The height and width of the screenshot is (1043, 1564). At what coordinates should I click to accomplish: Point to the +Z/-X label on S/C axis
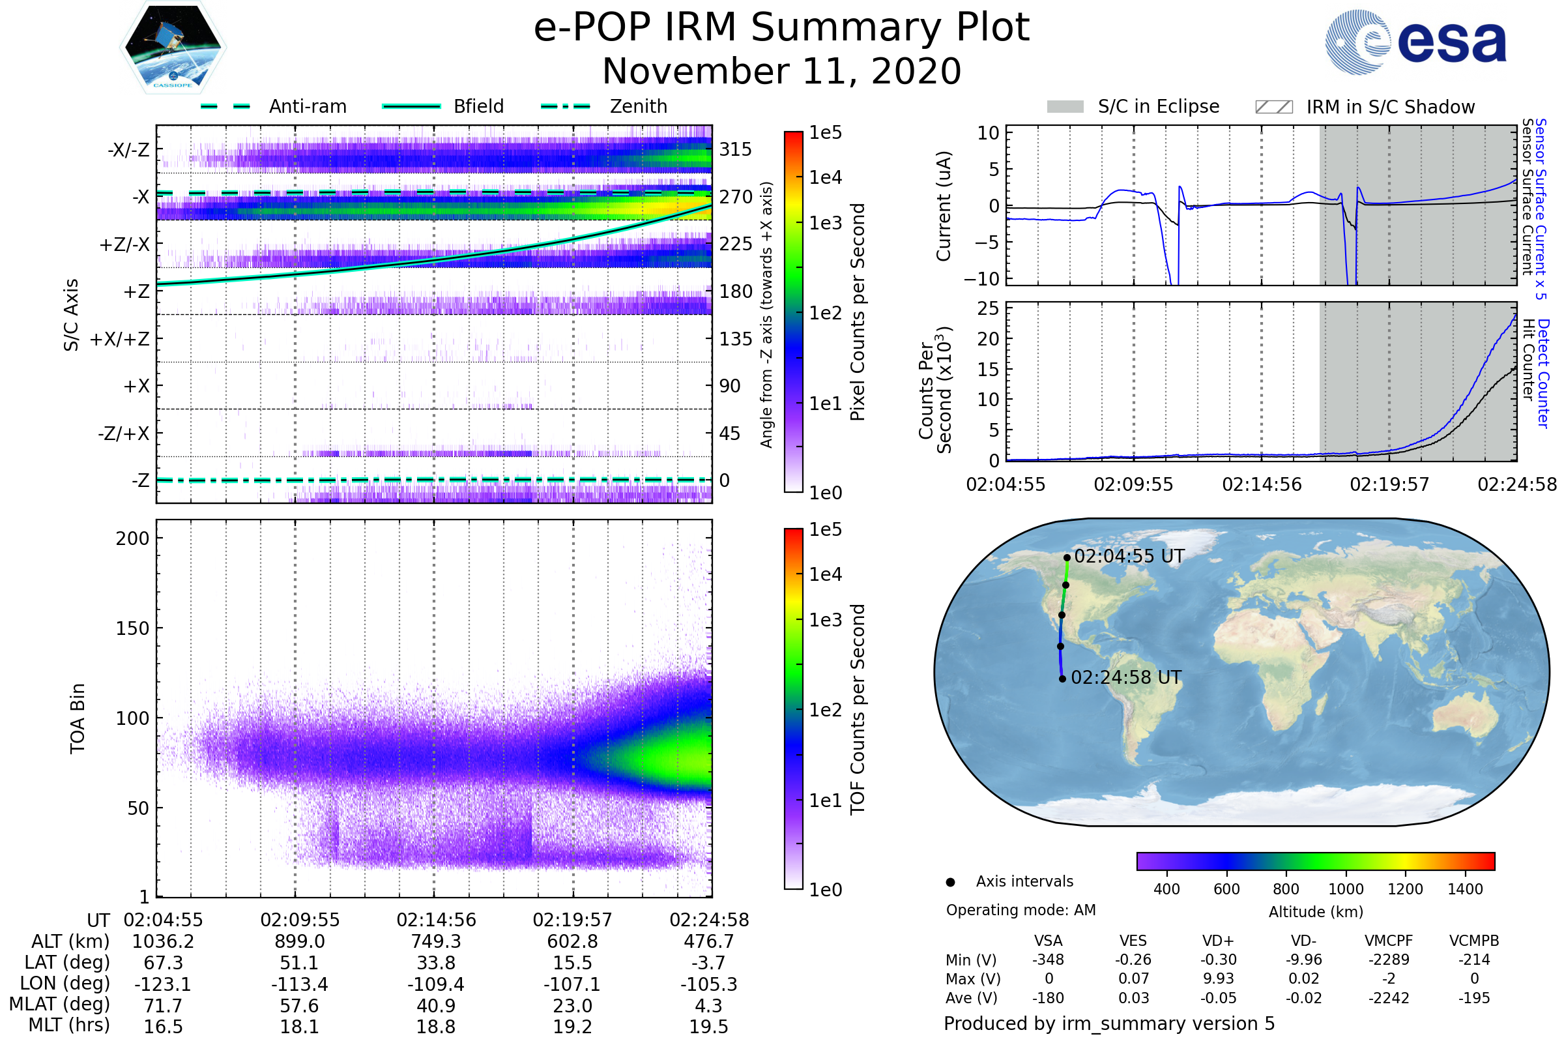124,245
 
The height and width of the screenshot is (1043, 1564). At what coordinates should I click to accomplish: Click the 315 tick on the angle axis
736,150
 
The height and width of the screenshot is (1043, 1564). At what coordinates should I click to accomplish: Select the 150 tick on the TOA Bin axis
132,628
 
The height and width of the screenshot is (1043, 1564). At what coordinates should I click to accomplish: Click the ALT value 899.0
299,942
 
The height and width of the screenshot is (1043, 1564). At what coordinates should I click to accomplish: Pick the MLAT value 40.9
435,1006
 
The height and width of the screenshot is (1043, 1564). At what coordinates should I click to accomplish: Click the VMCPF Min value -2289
1389,960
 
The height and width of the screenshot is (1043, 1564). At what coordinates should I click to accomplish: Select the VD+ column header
1218,941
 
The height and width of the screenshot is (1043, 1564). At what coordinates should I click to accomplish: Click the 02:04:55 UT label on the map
1129,556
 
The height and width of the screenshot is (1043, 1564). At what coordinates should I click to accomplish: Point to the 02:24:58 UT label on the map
1127,678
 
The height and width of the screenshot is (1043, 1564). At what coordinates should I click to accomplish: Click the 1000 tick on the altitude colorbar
1346,889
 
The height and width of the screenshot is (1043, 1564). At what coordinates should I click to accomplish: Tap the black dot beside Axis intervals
951,883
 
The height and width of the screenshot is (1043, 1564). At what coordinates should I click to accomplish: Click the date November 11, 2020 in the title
781,72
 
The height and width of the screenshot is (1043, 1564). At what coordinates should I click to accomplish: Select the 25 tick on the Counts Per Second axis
988,308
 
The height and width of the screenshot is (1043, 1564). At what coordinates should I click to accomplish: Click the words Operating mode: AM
1021,910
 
